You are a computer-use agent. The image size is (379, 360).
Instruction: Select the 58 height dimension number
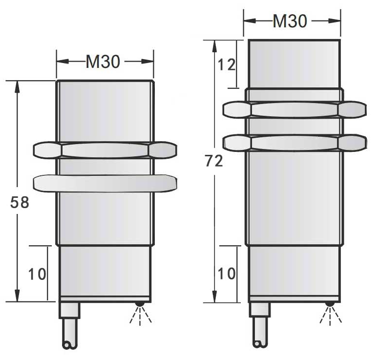coord(20,202)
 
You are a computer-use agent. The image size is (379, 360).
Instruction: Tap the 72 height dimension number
coord(213,161)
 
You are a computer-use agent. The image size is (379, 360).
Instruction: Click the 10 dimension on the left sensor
coord(37,274)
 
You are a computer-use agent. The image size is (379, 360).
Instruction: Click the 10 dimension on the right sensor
coord(226,274)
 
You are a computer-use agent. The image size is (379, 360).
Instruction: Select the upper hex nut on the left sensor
coord(104,150)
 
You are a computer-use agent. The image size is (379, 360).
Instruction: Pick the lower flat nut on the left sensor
coord(104,183)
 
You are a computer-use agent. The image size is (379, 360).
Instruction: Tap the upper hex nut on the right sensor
coord(294,109)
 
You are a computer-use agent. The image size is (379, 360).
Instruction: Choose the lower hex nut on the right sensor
coord(294,142)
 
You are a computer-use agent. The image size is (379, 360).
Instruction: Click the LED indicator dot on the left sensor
coord(140,304)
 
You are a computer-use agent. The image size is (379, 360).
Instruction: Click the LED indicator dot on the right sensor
coord(330,304)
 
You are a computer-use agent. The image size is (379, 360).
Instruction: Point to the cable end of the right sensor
coord(259,343)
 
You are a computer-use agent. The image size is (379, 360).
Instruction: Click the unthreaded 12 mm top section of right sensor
coord(294,64)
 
